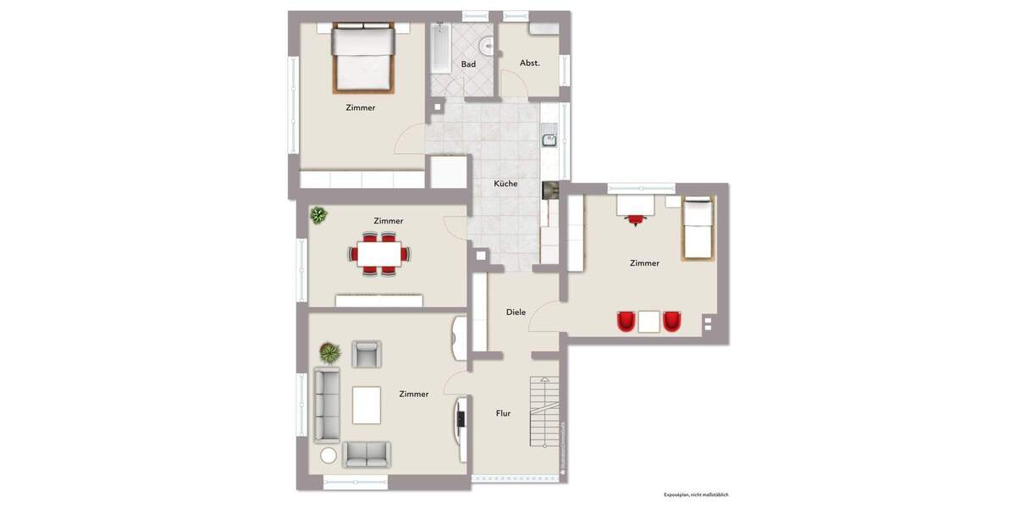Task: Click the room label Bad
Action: pyautogui.click(x=468, y=64)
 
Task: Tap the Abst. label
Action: pyautogui.click(x=530, y=63)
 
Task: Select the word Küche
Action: pyautogui.click(x=505, y=184)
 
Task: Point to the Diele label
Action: pyautogui.click(x=516, y=312)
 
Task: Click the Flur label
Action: pyautogui.click(x=503, y=413)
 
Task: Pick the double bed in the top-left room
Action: pyautogui.click(x=363, y=58)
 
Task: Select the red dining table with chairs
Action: pyautogui.click(x=379, y=254)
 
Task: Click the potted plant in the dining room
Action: pyautogui.click(x=318, y=215)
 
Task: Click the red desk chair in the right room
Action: pyautogui.click(x=634, y=219)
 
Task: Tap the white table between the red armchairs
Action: pyautogui.click(x=649, y=322)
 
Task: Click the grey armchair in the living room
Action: pyautogui.click(x=367, y=354)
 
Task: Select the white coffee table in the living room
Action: pyautogui.click(x=367, y=404)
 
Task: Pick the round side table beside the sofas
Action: pyautogui.click(x=329, y=455)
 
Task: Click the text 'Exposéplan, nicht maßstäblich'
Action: pyautogui.click(x=696, y=494)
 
